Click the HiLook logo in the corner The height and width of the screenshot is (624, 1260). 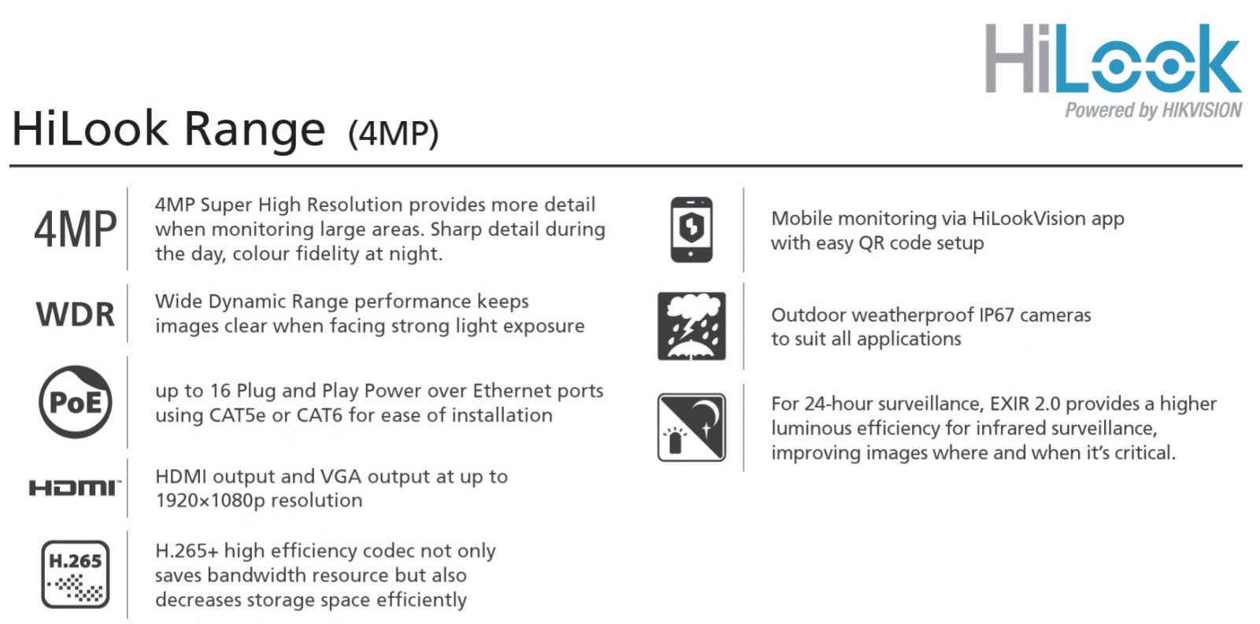click(1113, 59)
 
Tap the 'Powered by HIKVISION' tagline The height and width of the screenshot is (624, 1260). click(1153, 110)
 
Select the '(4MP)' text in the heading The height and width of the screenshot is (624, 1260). click(393, 133)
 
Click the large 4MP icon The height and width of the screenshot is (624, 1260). click(75, 230)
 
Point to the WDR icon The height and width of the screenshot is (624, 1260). click(75, 314)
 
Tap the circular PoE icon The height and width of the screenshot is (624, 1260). click(75, 402)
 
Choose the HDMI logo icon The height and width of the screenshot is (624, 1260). click(75, 488)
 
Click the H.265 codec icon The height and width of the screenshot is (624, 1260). click(75, 574)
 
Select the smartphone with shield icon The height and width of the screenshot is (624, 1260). click(691, 230)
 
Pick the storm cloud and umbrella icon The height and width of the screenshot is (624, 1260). click(691, 326)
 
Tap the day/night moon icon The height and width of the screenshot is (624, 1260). click(691, 427)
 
